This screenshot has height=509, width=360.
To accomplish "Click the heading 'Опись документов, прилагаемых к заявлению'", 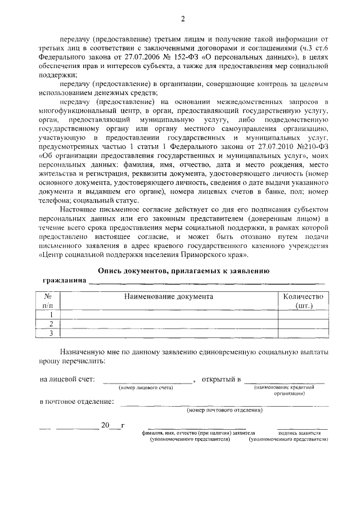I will pos(183,271).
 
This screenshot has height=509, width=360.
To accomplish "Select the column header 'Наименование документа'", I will pos(169,296).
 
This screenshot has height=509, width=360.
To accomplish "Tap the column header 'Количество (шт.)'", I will pos(303,300).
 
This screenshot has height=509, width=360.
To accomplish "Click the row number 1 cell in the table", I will pos(51,314).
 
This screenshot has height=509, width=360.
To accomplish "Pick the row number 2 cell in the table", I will pos(51,324).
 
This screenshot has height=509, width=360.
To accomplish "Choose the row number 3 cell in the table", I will pos(51,334).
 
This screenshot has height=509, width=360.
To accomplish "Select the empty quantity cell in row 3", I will pos(303,334).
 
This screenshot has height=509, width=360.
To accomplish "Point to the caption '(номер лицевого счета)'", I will pos(146,388).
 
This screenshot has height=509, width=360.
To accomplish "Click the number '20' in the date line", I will pos(105,425).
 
